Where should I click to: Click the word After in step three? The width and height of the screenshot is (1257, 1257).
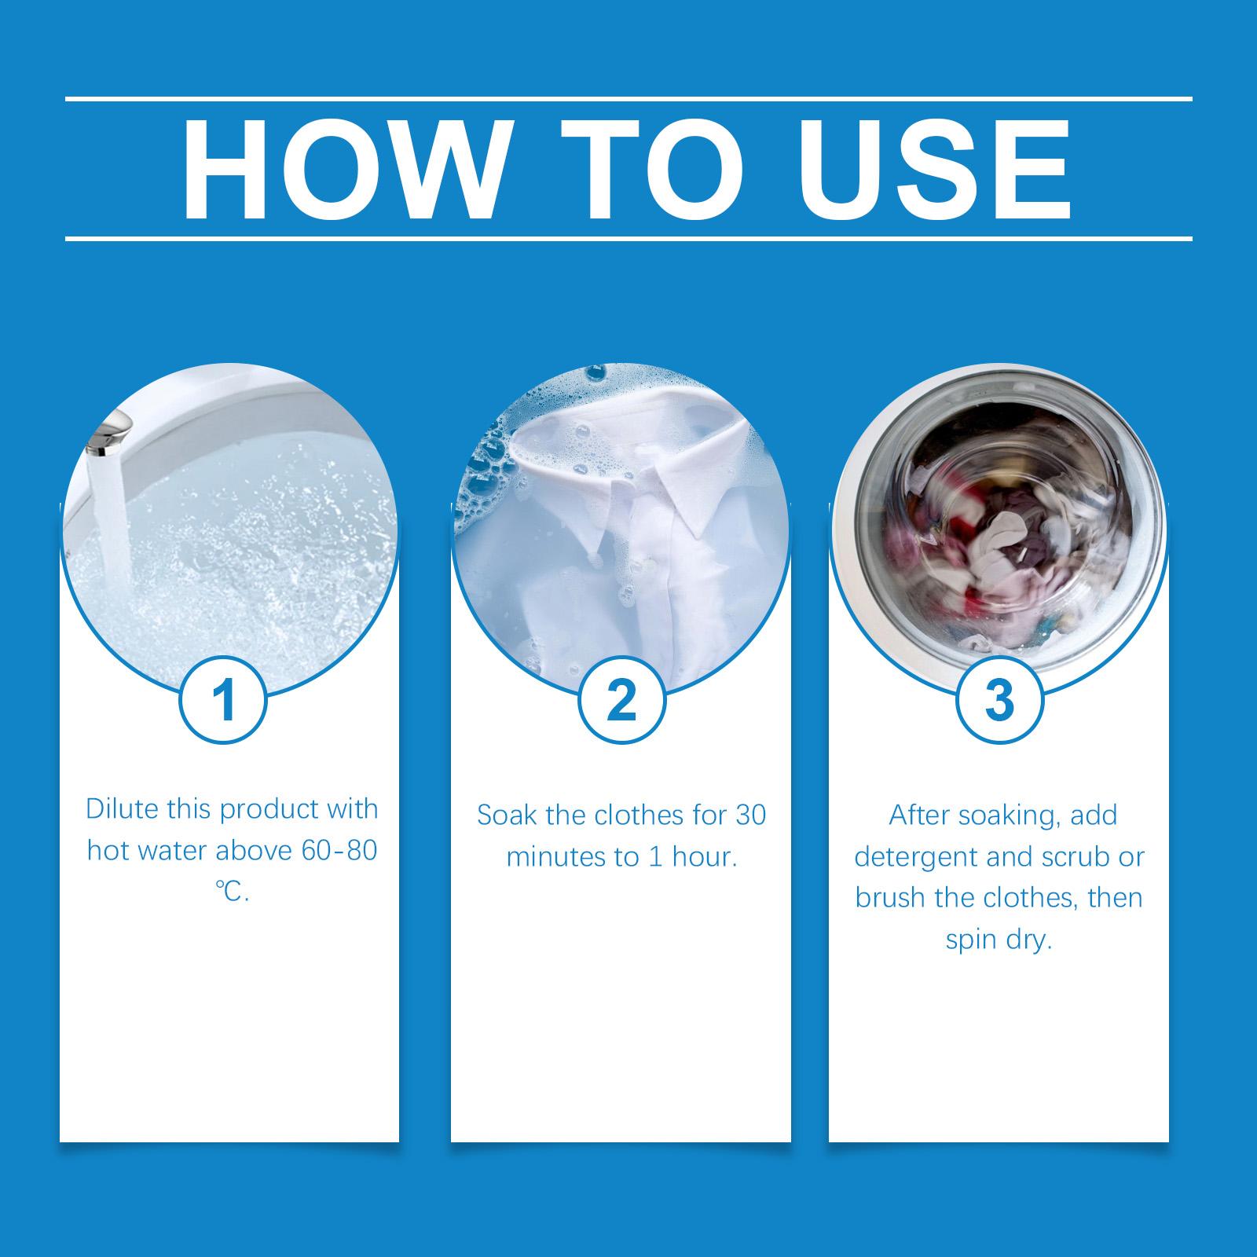point(919,815)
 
